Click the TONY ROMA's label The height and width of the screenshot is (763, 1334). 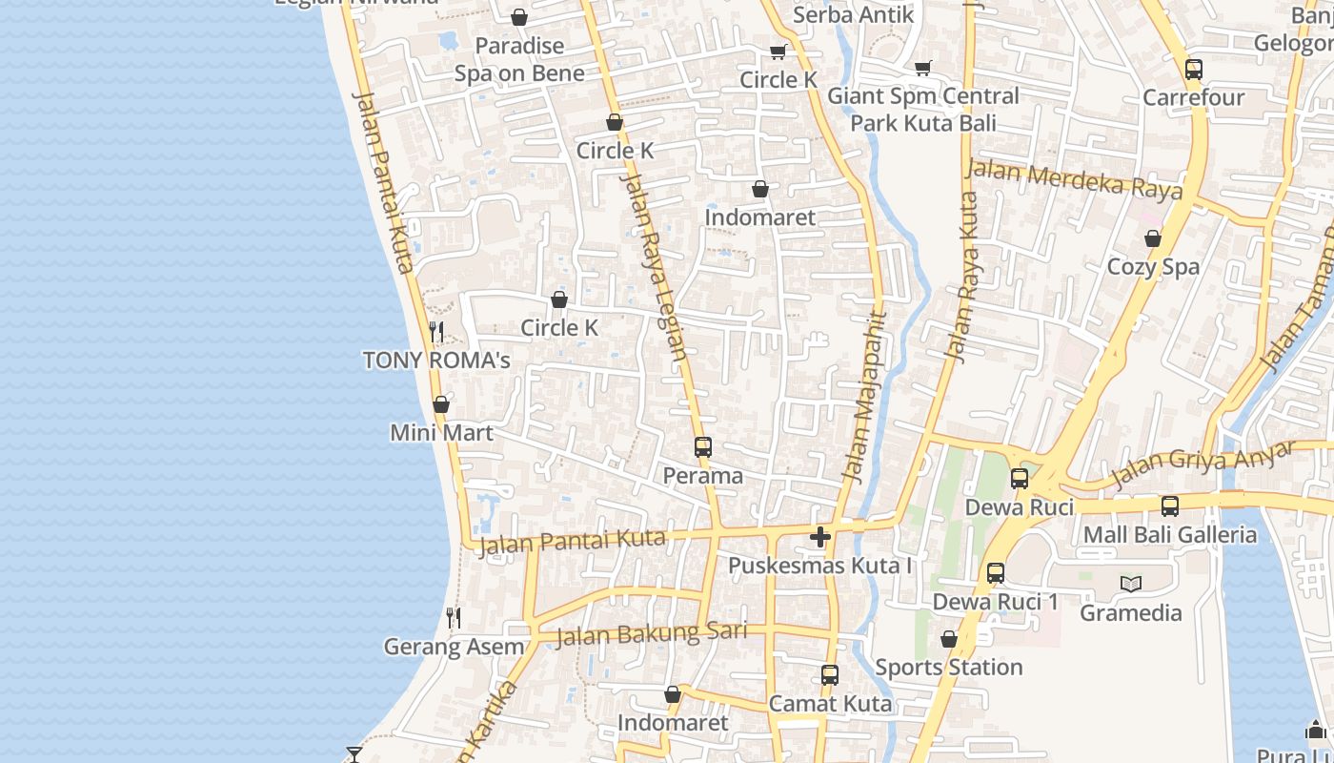436,361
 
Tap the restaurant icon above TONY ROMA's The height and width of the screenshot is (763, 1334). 436,331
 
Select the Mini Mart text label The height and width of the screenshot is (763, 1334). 441,433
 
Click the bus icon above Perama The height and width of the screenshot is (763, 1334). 703,446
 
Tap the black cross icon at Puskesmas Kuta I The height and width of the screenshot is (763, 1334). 820,537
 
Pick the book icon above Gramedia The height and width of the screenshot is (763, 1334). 1131,584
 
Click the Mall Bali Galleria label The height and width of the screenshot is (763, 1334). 1169,534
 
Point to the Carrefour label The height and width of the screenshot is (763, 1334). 1193,97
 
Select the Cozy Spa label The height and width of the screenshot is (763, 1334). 1153,267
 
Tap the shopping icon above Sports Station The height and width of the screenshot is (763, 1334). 949,639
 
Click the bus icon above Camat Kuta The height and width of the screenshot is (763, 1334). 830,675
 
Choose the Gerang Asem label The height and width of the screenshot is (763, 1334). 454,647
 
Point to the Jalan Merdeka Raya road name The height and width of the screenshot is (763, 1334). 1074,179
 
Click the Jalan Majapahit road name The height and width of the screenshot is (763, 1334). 866,395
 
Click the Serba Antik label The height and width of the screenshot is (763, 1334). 853,14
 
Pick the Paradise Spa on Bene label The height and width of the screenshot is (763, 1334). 519,59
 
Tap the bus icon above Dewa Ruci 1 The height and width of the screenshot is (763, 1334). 996,573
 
